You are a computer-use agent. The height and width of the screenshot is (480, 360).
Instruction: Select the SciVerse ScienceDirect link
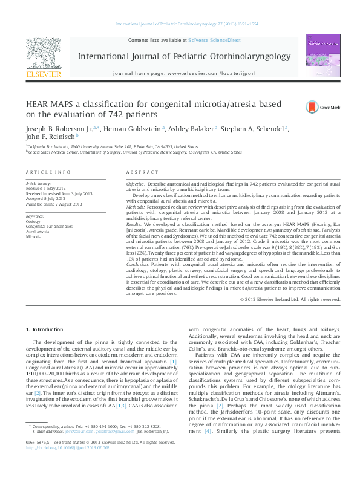click(x=214, y=40)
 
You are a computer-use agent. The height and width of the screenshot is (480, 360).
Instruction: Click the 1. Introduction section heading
click(x=47, y=329)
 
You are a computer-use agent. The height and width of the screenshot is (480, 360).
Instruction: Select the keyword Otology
click(x=33, y=221)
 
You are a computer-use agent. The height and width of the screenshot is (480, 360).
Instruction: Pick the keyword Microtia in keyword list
click(x=34, y=236)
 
